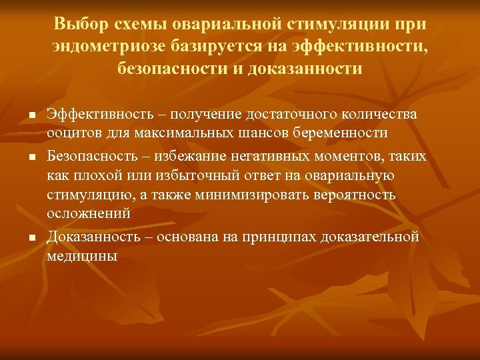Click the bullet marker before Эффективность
tap(31, 117)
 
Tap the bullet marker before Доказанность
tap(31, 238)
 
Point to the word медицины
tap(82, 255)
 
